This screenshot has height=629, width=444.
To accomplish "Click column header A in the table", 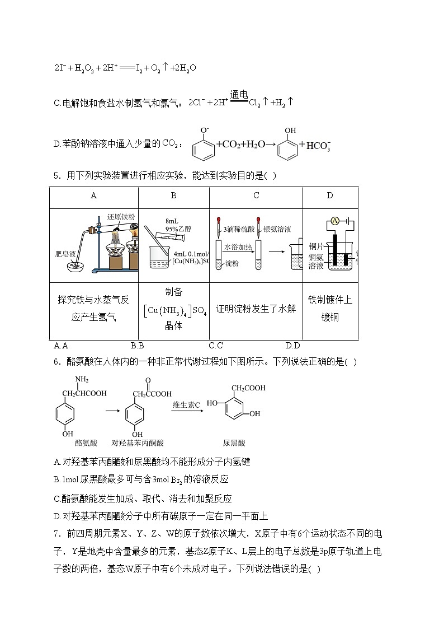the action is point(93,195).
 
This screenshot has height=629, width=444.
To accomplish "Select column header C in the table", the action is point(256,195).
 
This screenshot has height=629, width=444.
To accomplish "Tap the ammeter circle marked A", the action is point(334,221).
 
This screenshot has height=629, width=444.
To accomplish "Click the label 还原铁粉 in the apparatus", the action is point(121,217).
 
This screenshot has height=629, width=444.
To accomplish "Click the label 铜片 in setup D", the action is point(317,246).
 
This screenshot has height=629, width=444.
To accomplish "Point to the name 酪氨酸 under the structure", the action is point(86,442).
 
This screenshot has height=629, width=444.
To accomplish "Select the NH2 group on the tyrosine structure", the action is point(82,381).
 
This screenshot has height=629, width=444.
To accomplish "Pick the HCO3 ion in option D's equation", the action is point(319,146).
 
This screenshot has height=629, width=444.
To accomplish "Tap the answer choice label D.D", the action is point(292,346).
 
